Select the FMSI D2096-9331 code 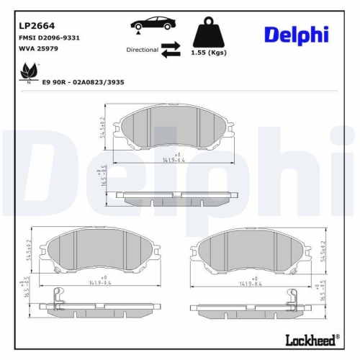coord(49,37)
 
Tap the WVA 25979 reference coord(38,48)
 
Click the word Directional coord(142,50)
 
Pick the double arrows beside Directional coord(170,50)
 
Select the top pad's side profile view coord(179,195)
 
